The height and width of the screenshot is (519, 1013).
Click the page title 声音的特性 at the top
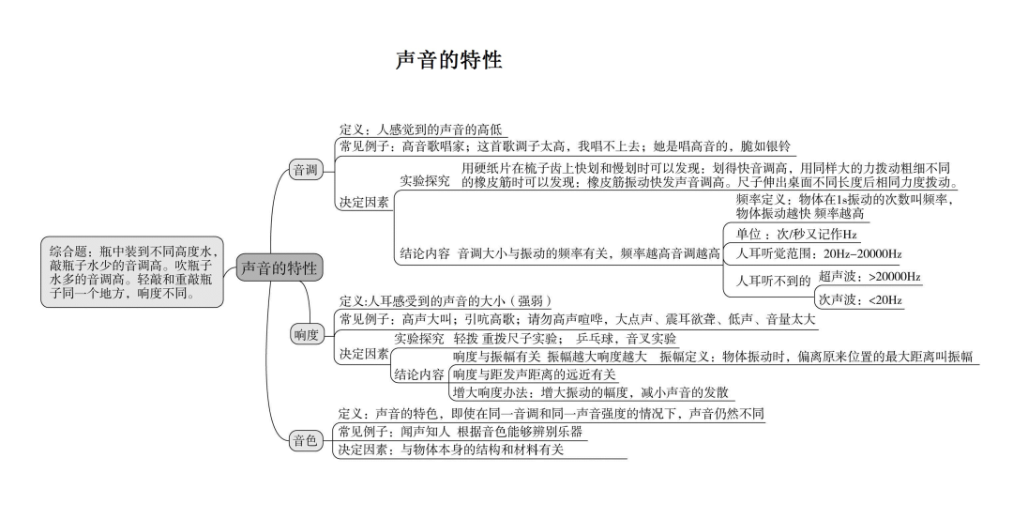[x=449, y=61]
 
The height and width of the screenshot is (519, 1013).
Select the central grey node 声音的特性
[x=280, y=267]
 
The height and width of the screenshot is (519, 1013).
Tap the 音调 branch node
[x=306, y=170]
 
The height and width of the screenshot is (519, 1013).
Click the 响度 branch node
[x=306, y=335]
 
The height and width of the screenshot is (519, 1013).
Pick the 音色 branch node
[x=306, y=441]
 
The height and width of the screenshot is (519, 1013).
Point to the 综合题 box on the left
[x=132, y=271]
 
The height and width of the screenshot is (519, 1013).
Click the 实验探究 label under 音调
[x=425, y=180]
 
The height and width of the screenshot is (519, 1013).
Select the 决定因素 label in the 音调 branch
[x=365, y=201]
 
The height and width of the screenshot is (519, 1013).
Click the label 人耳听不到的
[x=773, y=280]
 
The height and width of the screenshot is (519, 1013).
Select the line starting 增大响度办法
[x=590, y=392]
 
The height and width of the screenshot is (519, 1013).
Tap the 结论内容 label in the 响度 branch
[x=418, y=374]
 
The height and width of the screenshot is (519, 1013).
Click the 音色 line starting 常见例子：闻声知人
[x=461, y=432]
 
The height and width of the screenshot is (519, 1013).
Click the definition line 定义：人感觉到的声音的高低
[x=421, y=129]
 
